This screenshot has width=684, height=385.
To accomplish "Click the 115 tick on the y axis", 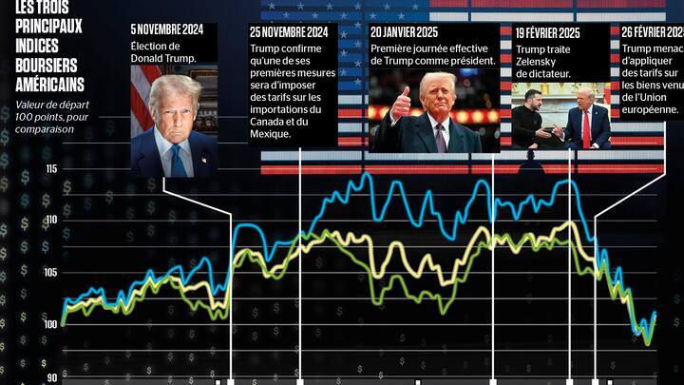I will (x=50, y=168).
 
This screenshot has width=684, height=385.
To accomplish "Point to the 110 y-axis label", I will (x=50, y=220).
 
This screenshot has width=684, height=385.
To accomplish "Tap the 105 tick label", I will (x=50, y=272).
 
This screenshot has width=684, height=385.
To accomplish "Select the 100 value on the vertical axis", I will (x=50, y=324).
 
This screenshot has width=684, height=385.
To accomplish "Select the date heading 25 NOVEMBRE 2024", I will (x=289, y=32).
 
